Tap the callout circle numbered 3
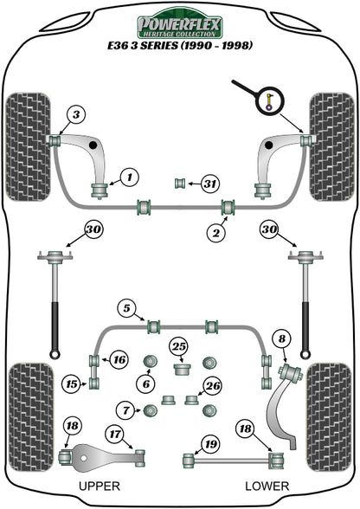(76, 114)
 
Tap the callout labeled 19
(208, 446)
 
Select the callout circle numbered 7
(126, 409)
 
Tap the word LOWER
(265, 486)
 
